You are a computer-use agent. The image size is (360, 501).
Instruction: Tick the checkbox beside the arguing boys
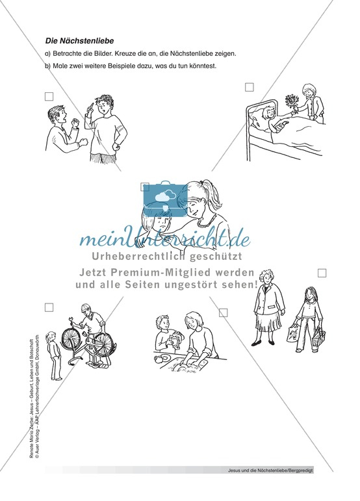[x=49, y=96]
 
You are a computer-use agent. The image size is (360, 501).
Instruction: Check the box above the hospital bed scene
[x=249, y=87]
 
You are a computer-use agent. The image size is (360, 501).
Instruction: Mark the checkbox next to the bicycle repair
[x=49, y=307]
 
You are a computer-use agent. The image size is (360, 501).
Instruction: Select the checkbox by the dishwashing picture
[x=224, y=313]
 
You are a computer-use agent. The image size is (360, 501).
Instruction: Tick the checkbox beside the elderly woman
[x=322, y=273]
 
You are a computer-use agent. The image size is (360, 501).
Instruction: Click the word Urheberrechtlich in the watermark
[x=133, y=256]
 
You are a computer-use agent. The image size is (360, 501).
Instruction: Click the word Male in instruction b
[x=59, y=66]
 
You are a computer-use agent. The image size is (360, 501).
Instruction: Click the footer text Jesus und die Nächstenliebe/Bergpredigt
[x=271, y=470]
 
